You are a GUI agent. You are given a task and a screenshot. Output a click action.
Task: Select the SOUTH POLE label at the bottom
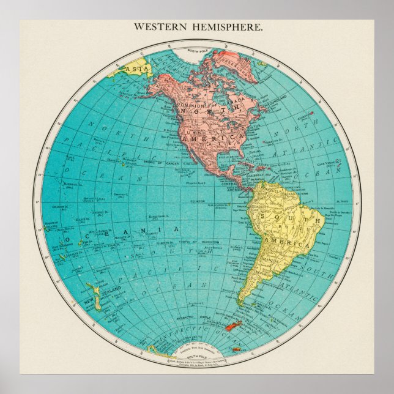point(198,356)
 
